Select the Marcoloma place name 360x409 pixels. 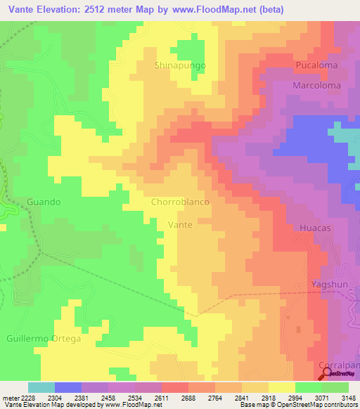[x=317, y=85]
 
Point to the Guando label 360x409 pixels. [x=44, y=202]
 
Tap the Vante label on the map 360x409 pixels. [x=181, y=225]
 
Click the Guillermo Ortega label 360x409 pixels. [x=44, y=339]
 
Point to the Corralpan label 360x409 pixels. [x=339, y=365]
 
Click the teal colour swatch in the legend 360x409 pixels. [x=41, y=387]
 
